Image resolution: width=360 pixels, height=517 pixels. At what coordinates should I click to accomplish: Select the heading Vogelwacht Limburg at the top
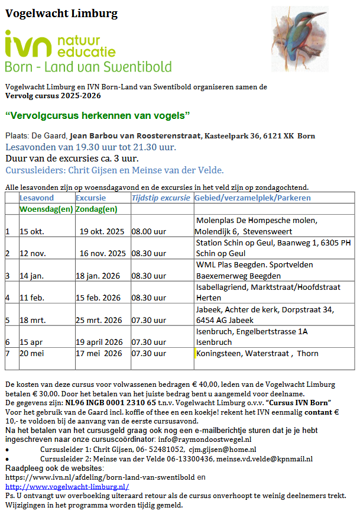[61, 14]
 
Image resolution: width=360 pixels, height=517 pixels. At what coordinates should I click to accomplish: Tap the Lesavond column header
[37, 198]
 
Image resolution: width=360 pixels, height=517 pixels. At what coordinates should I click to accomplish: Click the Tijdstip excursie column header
[161, 198]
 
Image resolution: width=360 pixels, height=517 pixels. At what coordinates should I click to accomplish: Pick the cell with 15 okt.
[32, 231]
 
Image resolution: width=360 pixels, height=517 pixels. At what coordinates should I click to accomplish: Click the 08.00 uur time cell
[148, 231]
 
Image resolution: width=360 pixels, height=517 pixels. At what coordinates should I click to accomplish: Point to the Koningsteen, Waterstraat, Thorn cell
[257, 353]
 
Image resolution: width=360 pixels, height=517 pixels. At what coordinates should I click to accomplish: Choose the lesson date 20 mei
[32, 353]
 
